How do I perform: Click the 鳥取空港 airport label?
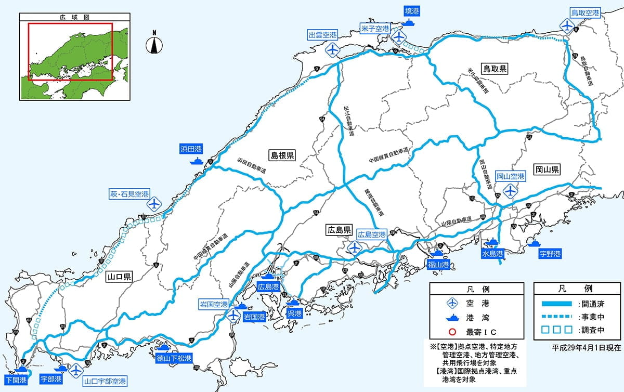pyautogui.click(x=585, y=12)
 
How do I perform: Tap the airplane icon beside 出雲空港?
pyautogui.click(x=333, y=50)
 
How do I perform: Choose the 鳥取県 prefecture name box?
pyautogui.click(x=495, y=68)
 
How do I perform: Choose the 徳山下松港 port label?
pyautogui.click(x=174, y=358)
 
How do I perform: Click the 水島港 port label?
pyautogui.click(x=492, y=254)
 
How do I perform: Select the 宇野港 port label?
pyautogui.click(x=550, y=254)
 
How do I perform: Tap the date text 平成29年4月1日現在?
pyautogui.click(x=586, y=346)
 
